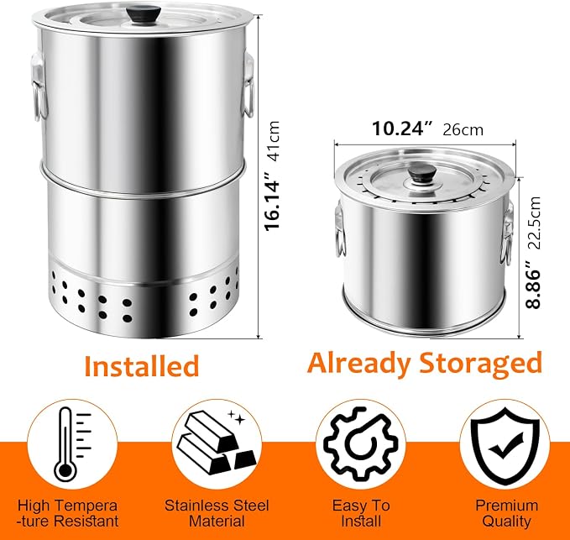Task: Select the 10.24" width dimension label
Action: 403,128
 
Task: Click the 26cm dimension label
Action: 463,130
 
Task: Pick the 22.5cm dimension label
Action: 534,223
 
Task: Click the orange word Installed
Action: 142,365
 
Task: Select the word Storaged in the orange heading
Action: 480,364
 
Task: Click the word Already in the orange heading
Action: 361,364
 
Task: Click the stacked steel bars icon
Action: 216,441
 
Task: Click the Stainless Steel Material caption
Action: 217,513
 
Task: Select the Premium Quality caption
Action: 507,513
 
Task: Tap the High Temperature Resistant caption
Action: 68,513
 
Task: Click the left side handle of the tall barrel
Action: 39,87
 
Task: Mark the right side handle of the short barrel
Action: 507,233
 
